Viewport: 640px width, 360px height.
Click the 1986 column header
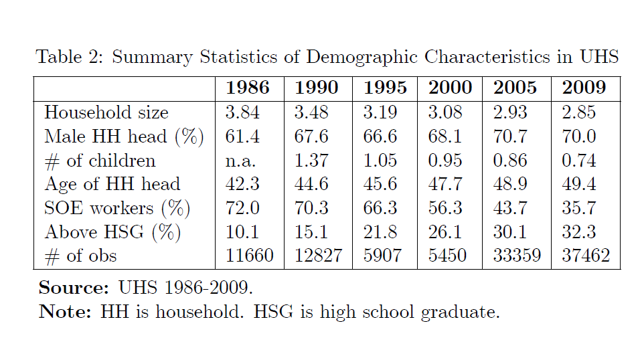[247, 88]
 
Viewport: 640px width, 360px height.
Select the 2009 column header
[584, 88]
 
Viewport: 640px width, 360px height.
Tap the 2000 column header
[450, 88]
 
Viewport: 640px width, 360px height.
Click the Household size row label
[106, 112]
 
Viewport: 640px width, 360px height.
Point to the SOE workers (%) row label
[117, 208]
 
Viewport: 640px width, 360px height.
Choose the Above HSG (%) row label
[112, 232]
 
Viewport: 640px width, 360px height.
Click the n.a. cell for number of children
[240, 161]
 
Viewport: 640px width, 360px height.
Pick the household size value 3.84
[242, 112]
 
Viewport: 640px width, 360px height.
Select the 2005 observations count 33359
[517, 256]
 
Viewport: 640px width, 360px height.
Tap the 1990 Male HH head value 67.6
[311, 137]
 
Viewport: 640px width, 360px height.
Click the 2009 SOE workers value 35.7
[579, 208]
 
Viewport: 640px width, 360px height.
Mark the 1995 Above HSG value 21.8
[380, 232]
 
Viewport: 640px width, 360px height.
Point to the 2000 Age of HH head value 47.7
[445, 184]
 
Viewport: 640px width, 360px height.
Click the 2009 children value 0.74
[579, 161]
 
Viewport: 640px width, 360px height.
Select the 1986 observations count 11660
[250, 256]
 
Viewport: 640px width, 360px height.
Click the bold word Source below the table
[74, 288]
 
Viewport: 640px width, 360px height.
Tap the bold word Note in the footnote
[65, 312]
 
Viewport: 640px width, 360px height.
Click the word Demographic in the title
[362, 57]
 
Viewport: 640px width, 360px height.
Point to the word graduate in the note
[460, 312]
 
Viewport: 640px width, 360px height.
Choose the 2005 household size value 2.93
[510, 112]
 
